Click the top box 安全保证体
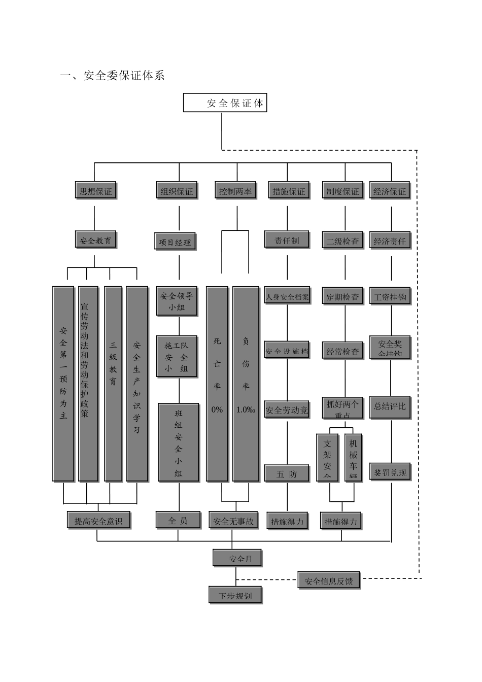tap(225, 103)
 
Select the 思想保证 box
tap(95, 191)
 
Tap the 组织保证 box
tap(177, 191)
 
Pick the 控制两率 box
tap(235, 191)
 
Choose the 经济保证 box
tap(390, 191)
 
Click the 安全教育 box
tap(95, 240)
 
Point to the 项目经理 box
tap(175, 242)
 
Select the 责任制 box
tap(287, 240)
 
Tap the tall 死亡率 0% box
tap(217, 384)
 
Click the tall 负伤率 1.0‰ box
tap(246, 384)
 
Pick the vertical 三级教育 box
tap(113, 384)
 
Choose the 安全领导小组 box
tap(177, 301)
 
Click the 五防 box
tap(287, 473)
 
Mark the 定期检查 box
tap(342, 296)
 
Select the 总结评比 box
tap(390, 406)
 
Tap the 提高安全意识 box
tap(98, 520)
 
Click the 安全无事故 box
tap(233, 520)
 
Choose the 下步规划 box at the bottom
tap(235, 595)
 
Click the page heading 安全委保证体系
tap(113, 76)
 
